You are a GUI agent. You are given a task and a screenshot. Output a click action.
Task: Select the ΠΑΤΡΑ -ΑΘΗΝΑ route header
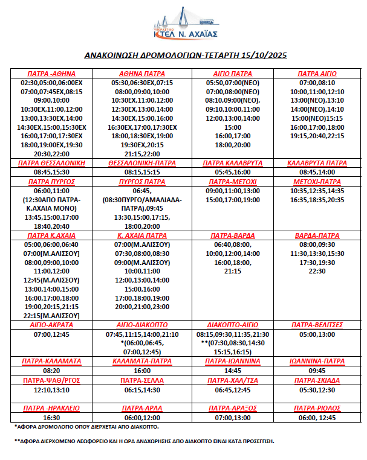51,74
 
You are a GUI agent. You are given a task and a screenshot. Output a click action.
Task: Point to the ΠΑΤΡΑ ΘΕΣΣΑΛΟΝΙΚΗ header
52,163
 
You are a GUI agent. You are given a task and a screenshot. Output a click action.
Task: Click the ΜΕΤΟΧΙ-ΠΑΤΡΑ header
317,181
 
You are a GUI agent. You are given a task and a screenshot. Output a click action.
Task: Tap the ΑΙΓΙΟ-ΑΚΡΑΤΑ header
52,324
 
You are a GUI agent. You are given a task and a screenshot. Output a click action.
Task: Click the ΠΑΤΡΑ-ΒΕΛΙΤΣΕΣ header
317,324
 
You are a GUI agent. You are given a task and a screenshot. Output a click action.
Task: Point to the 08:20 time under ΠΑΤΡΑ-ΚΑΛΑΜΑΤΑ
52,370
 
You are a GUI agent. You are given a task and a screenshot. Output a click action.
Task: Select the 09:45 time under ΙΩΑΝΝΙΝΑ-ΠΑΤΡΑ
317,370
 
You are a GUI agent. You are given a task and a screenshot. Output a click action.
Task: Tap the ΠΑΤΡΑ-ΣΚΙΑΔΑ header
317,380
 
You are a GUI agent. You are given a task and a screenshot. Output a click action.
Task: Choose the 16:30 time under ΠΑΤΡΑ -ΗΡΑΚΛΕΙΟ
52,417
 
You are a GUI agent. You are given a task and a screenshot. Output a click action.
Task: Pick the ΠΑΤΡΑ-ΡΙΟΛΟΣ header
317,408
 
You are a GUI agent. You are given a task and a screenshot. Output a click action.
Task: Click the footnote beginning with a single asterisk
87,427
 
